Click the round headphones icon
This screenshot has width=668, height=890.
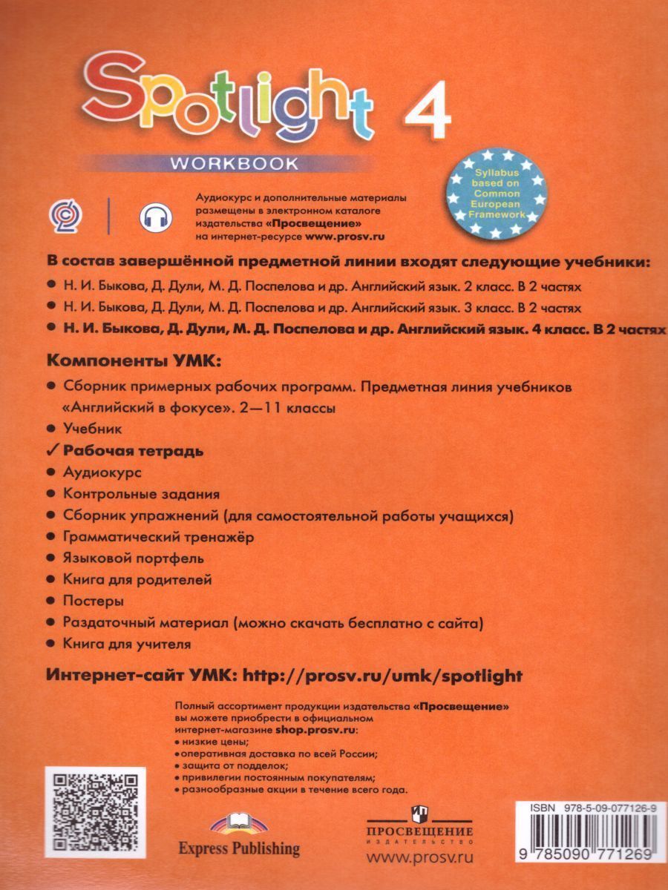coord(155,217)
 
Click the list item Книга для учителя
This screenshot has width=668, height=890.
coord(128,644)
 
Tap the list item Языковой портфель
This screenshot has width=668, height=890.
coord(134,558)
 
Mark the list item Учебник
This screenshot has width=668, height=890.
coord(93,429)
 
